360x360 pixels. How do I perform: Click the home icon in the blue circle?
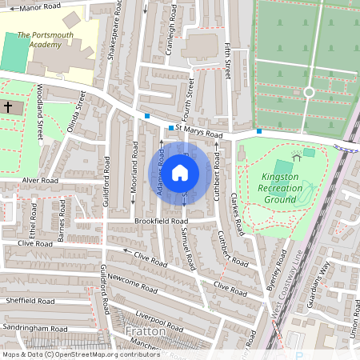tap(180, 173)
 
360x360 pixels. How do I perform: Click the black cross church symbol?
tap(8, 106)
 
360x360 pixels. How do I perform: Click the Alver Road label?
tap(41, 182)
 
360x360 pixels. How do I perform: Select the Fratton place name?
tap(145, 330)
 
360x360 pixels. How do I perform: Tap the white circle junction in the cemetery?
tap(309, 93)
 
